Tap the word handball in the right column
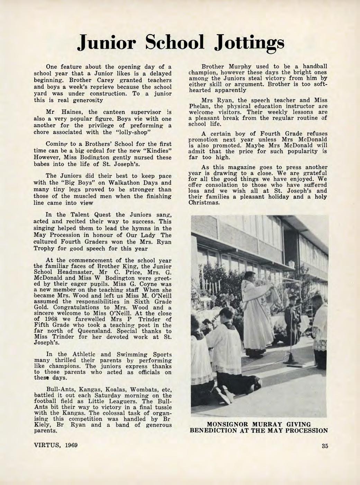tap(314, 66)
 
